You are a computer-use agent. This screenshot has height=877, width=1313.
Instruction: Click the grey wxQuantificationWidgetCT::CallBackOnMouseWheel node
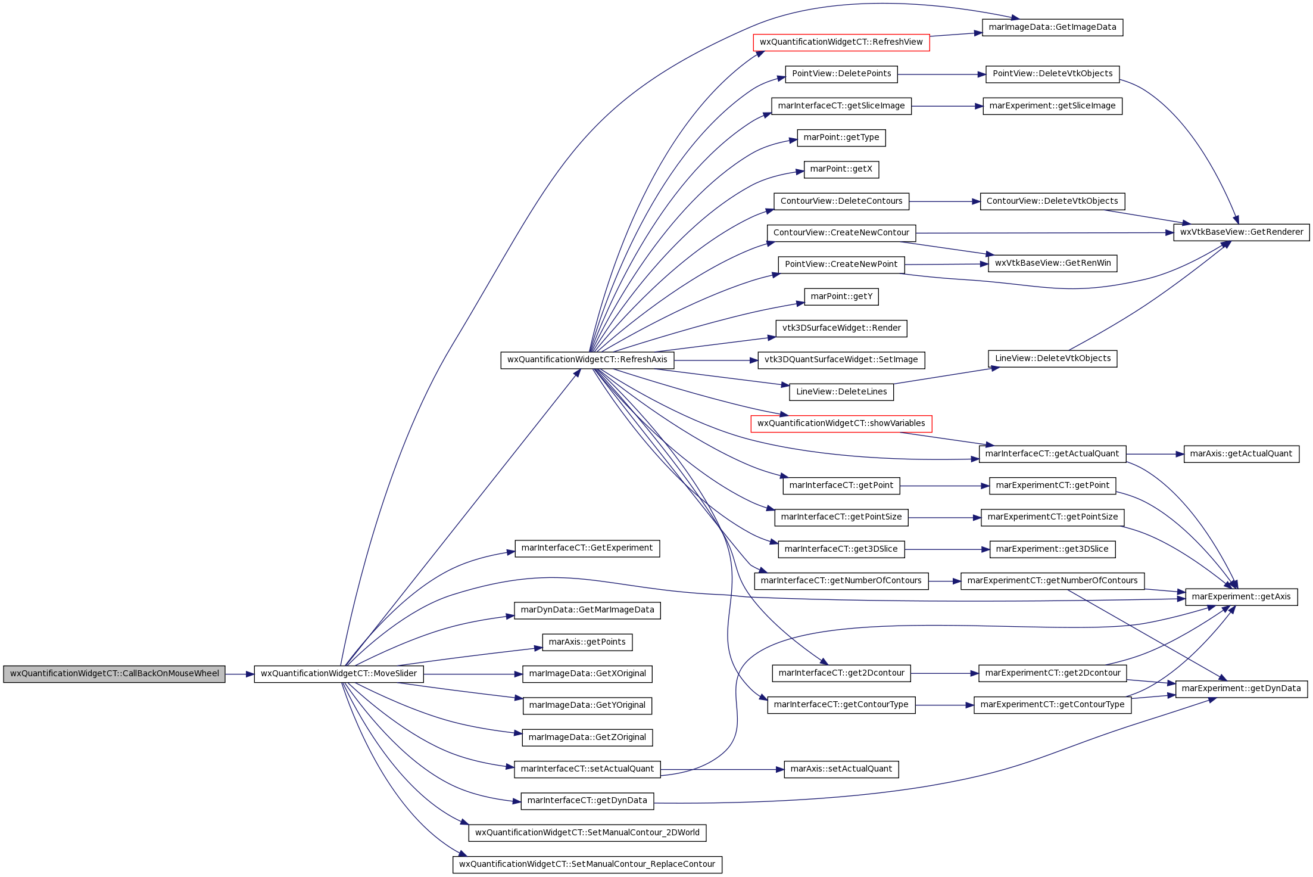114,674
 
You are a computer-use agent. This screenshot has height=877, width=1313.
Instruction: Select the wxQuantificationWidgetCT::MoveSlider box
339,674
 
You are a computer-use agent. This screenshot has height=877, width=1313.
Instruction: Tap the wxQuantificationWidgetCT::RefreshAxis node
587,360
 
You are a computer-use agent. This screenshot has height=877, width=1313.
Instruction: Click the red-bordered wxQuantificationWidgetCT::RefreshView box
841,42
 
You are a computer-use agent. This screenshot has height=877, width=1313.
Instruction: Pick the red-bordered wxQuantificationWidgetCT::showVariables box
841,424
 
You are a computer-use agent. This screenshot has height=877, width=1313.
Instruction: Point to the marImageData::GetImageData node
1052,27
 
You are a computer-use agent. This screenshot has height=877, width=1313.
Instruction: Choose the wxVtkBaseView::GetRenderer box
1242,232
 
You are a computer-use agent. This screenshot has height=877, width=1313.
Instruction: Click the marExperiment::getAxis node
1242,597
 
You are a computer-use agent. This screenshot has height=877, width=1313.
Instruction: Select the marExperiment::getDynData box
1242,689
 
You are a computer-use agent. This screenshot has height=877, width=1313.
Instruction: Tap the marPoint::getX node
841,169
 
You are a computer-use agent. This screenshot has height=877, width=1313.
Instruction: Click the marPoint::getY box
841,297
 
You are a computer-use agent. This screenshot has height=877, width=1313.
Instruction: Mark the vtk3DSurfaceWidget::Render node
841,328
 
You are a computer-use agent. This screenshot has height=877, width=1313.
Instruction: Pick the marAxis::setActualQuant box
841,769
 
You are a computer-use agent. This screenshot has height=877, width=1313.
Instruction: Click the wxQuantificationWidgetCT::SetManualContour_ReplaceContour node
587,864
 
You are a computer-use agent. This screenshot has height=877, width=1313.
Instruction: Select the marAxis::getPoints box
587,642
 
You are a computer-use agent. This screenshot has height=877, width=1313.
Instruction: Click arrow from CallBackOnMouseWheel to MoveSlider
240,674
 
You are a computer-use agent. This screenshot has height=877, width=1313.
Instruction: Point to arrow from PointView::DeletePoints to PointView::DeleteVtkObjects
941,74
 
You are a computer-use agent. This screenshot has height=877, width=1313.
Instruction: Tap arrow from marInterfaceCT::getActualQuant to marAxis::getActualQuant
1155,454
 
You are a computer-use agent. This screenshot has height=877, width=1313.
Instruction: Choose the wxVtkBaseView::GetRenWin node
1052,263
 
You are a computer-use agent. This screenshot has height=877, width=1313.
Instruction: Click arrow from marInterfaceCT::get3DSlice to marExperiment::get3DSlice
947,549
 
